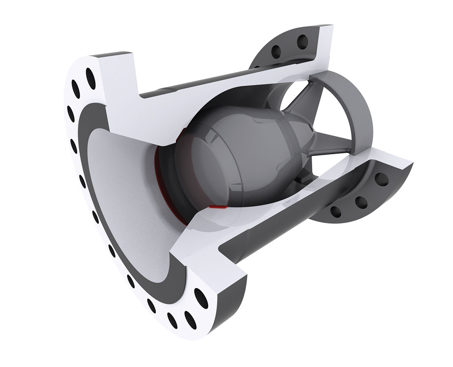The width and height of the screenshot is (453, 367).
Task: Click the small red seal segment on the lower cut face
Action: [x=217, y=207]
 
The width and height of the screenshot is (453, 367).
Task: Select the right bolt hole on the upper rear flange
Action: [x=302, y=40]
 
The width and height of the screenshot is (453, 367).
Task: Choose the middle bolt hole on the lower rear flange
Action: [x=360, y=201]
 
